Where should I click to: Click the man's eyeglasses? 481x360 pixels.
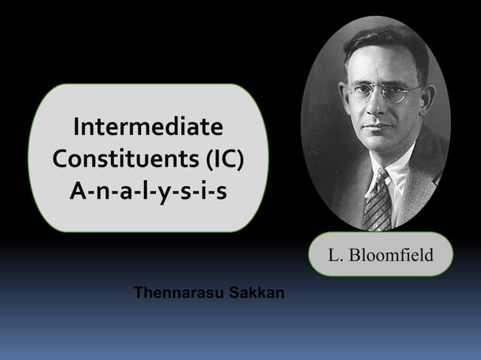tap(381, 93)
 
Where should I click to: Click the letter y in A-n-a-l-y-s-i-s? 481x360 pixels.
tap(161, 194)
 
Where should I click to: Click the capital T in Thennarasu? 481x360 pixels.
tap(138, 292)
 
